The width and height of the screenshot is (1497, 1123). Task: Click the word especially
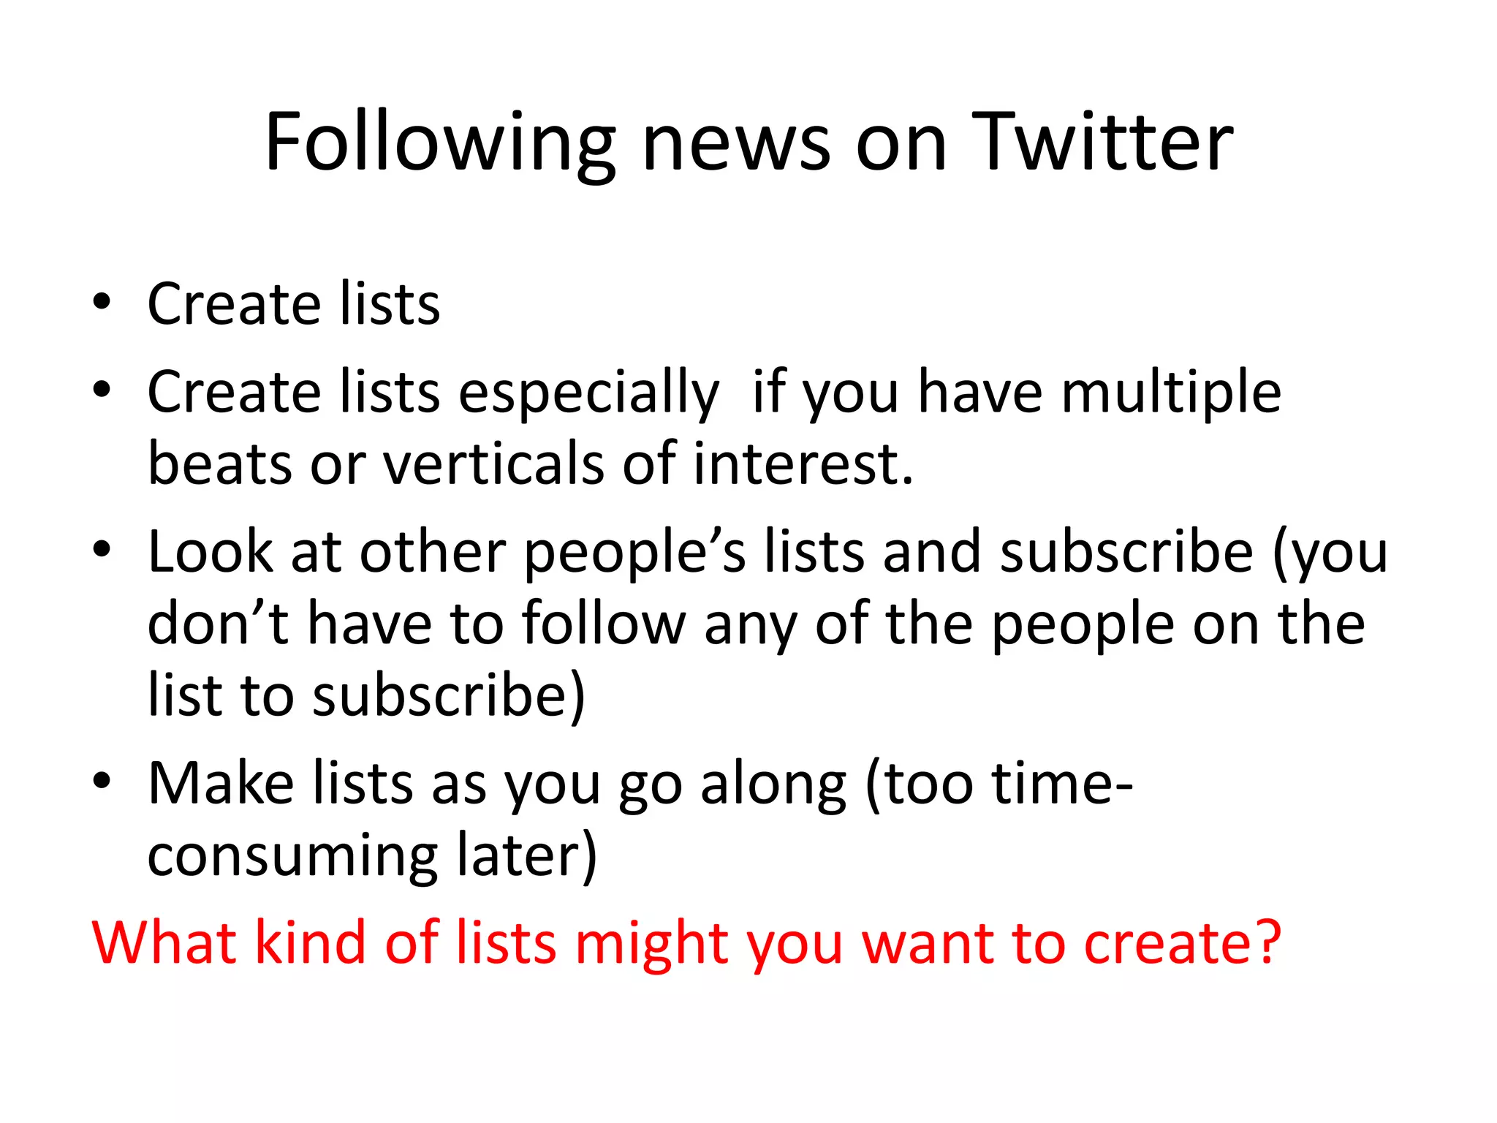pos(588,393)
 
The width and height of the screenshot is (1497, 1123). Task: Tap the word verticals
pos(493,464)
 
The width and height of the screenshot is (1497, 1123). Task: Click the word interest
pos(802,464)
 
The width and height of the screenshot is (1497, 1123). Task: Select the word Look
pos(210,551)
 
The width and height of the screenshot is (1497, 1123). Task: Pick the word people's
pos(634,553)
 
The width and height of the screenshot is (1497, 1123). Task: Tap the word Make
pos(220,783)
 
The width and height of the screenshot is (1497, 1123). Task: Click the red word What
pos(163,942)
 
